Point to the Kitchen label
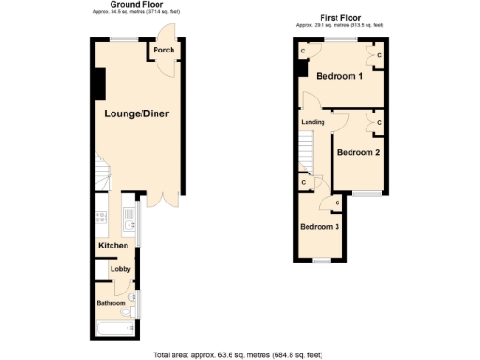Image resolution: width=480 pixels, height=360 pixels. click(113, 246)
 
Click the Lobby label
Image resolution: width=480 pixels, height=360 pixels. click(120, 270)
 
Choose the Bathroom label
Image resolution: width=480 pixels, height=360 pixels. click(111, 303)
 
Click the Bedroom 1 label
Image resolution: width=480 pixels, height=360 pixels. click(338, 76)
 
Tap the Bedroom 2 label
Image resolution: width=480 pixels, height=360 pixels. click(358, 152)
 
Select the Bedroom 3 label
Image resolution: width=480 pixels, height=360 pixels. click(318, 226)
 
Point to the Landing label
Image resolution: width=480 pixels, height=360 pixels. click(313, 122)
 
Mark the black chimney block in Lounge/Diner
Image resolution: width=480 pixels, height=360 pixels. click(97, 84)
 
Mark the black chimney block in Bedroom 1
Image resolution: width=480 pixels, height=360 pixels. click(302, 69)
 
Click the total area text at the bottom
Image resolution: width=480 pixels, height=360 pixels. click(238, 354)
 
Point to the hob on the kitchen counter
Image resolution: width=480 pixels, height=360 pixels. click(99, 219)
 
